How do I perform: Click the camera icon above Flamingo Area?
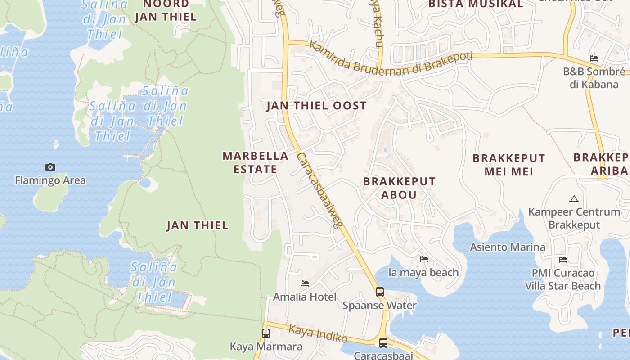coord(50,167)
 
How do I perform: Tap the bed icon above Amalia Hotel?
coord(305,283)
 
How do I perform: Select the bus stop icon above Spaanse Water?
coord(380,292)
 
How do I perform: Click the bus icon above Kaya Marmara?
coord(266,333)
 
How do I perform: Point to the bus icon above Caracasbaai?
coord(383,343)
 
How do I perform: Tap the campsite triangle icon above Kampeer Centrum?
coord(574,199)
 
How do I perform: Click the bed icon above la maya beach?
coord(423,259)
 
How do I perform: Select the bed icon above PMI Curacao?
coord(562,260)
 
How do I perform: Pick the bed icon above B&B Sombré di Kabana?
coord(594,58)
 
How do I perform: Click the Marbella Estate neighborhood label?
coord(255,162)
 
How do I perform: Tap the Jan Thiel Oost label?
coord(316,106)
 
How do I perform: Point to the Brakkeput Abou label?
coord(399,188)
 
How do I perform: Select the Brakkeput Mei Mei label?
coord(508,165)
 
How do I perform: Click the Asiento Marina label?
coord(508,247)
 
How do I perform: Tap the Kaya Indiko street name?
coord(318,333)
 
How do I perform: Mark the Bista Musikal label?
coord(476,4)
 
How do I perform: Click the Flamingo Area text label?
coord(50,180)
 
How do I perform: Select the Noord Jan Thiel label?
coord(166,11)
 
